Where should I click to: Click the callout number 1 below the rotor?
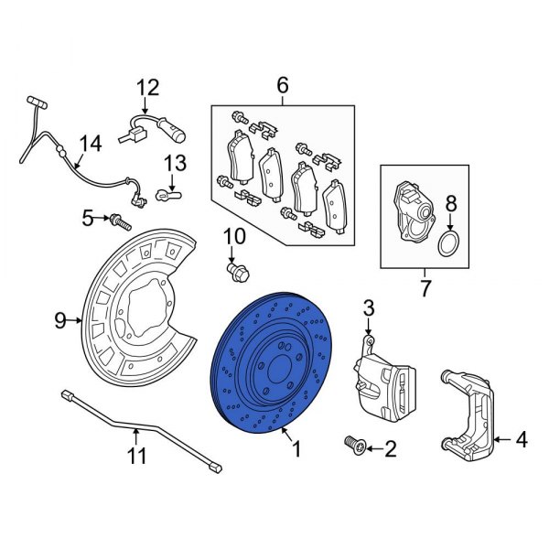click(296, 450)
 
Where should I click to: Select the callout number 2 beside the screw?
click(391, 448)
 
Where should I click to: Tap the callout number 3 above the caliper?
click(369, 307)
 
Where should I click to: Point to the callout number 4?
click(521, 440)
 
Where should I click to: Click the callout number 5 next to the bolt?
click(88, 217)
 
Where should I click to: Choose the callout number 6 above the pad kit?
click(282, 86)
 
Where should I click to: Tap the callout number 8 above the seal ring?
click(449, 204)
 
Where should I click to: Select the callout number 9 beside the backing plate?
click(60, 320)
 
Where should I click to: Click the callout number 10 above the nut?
click(234, 237)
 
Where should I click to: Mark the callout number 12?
click(147, 88)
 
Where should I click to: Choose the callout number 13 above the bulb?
click(175, 164)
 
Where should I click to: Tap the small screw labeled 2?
click(353, 445)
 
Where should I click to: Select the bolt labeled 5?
click(120, 221)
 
